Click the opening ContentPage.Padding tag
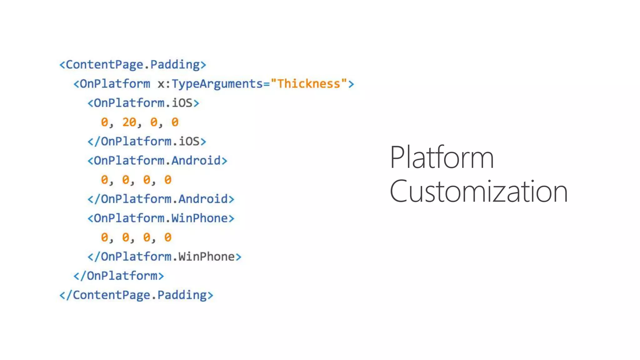pos(133,65)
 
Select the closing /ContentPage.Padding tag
pos(136,295)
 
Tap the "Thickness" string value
pos(309,84)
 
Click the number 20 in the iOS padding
pos(129,122)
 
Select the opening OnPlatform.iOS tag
pos(143,103)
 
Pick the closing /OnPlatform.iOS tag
pos(147,141)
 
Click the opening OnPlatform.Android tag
pos(157,161)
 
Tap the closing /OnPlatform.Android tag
pos(161,199)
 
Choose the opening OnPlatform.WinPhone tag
pos(161,218)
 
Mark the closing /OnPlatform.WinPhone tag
pos(164,257)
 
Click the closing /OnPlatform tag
pos(119,276)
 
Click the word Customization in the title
pos(478,191)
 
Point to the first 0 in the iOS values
pos(104,122)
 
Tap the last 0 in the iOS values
pos(175,122)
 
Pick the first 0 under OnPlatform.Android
pos(104,180)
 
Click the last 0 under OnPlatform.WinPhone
pos(168,237)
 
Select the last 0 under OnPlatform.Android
pos(168,180)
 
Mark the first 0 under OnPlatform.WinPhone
pos(104,237)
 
